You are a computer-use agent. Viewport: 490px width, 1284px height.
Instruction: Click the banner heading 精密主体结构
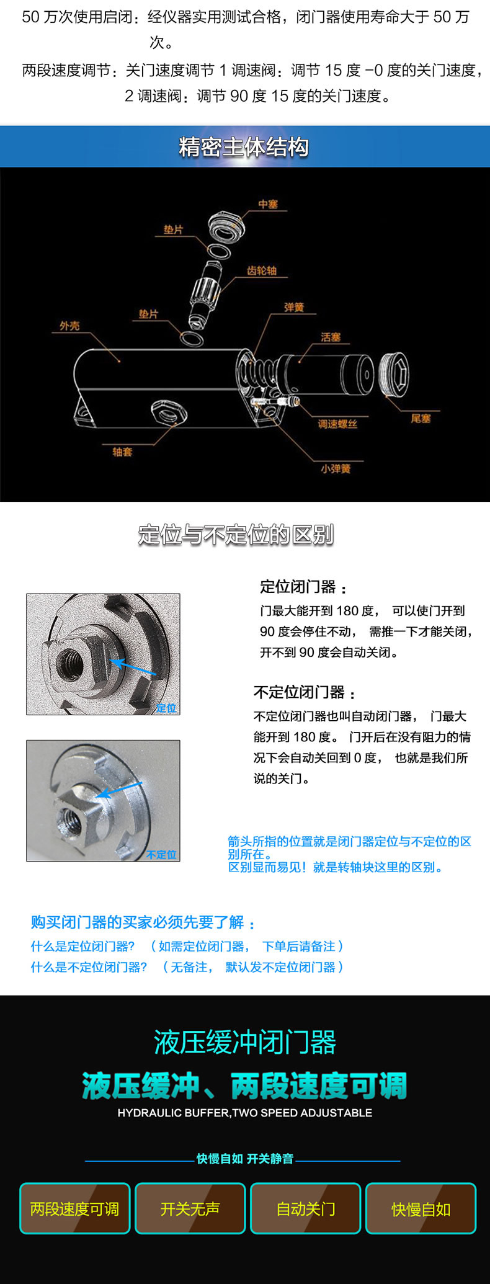coord(244,147)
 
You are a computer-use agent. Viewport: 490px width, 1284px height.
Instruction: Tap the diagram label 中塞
coord(268,204)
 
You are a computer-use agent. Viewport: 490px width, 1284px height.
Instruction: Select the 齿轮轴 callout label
coord(262,270)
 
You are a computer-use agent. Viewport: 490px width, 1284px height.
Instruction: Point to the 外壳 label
coord(69,326)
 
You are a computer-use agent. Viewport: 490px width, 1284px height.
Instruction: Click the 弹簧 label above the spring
coord(294,308)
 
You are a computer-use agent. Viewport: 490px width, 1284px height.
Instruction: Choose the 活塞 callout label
coord(331,337)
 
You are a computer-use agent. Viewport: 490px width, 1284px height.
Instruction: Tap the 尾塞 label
coord(421,418)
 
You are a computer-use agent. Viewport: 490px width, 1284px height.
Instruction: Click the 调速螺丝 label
coord(337,424)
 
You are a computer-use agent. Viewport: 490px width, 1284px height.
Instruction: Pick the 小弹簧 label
coord(336,468)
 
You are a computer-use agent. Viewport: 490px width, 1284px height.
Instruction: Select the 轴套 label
coord(122,452)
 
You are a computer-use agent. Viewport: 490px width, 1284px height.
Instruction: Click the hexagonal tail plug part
coord(393,374)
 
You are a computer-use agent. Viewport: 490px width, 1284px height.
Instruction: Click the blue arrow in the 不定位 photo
coord(119,790)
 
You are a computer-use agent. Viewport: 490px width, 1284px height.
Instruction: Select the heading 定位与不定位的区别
coord(236,534)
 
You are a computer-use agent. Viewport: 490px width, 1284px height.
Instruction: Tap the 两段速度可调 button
coord(74,1208)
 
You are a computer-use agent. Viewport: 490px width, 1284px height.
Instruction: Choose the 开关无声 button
coord(190,1208)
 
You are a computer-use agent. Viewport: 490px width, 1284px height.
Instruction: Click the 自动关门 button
coord(305,1208)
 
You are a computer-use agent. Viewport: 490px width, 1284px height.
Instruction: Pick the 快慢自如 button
coord(421,1208)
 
